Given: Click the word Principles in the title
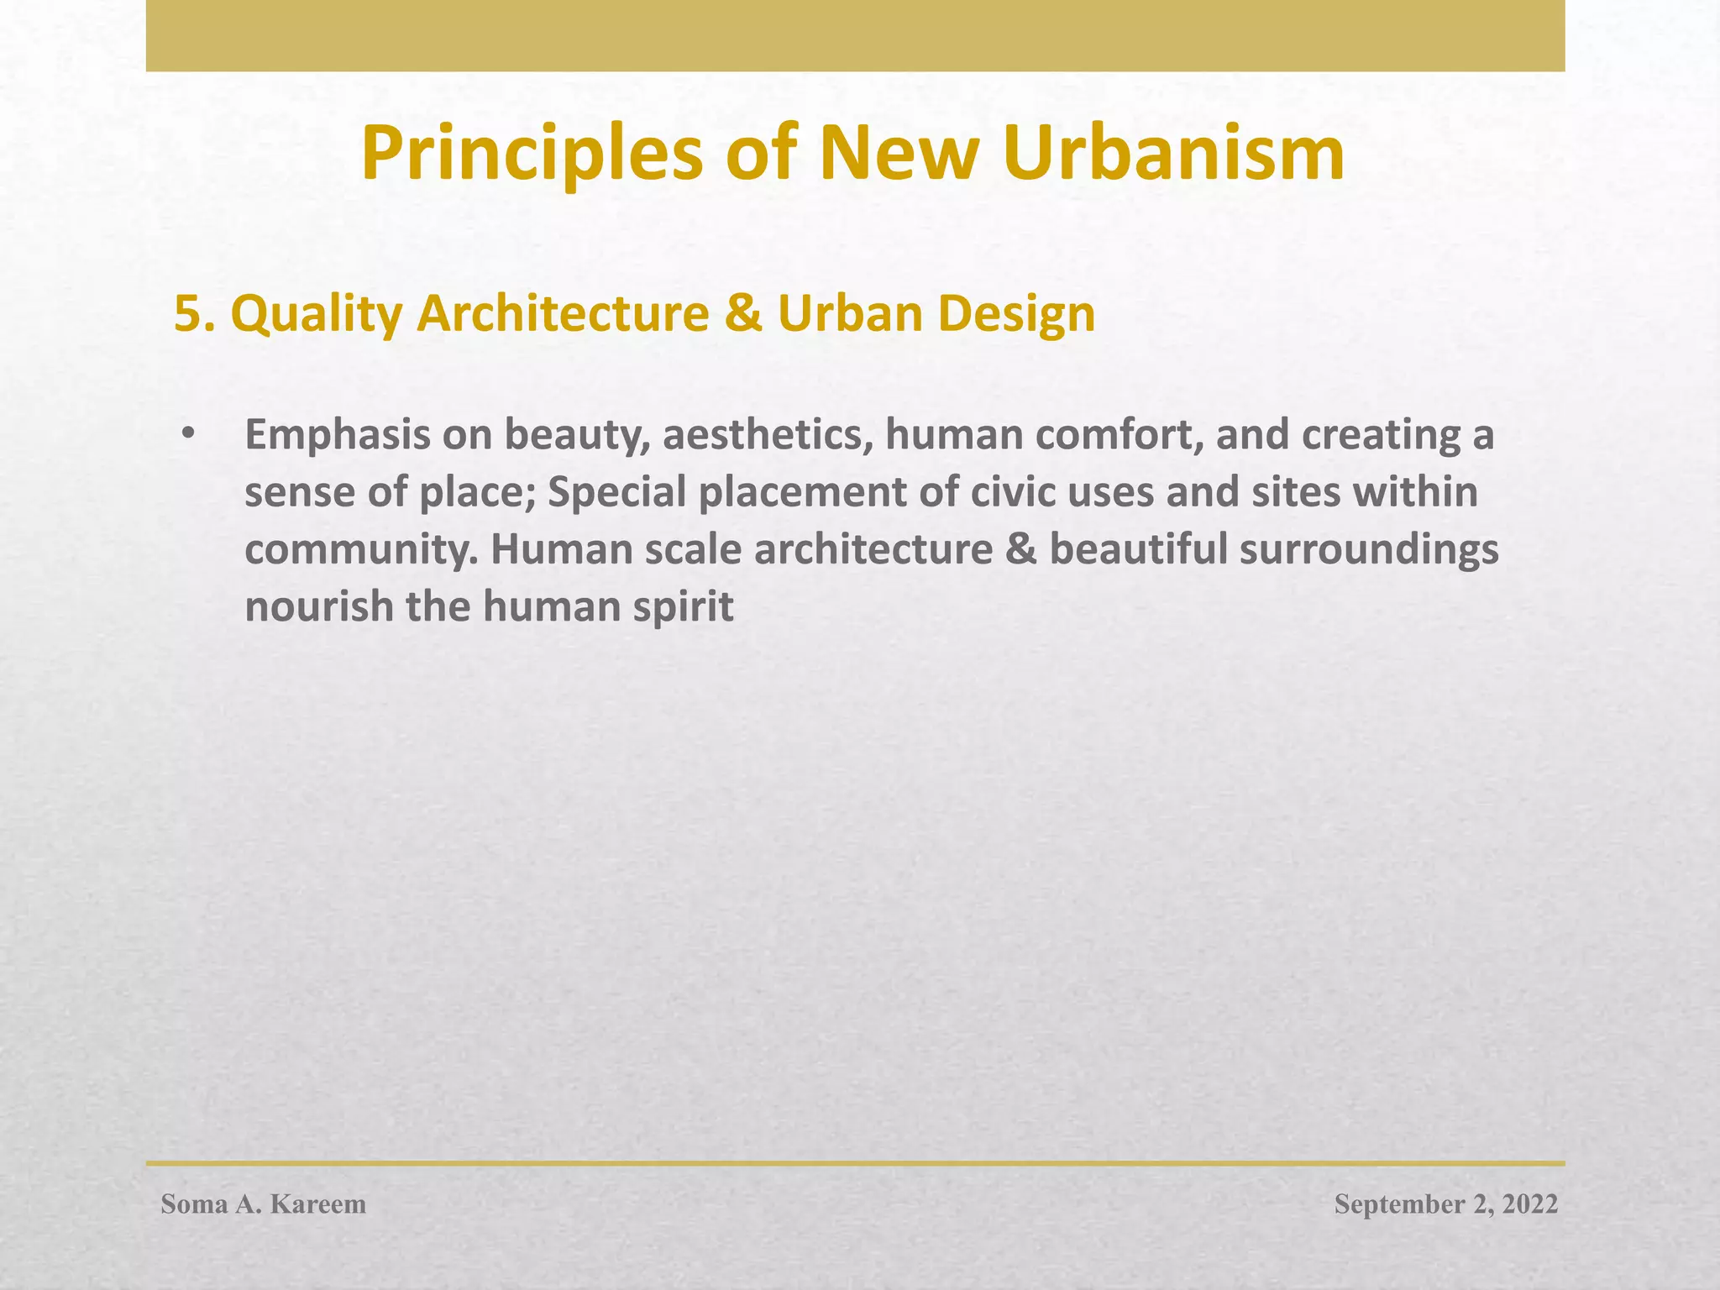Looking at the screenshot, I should [532, 155].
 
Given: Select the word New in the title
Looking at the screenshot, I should [899, 155].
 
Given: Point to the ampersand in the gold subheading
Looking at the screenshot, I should [742, 314].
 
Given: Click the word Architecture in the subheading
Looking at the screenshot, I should [563, 314].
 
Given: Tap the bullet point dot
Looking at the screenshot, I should [187, 435].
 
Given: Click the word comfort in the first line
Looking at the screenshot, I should [1117, 435].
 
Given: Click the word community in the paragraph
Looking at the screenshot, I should [359, 550].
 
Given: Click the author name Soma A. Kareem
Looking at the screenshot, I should [264, 1204].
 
